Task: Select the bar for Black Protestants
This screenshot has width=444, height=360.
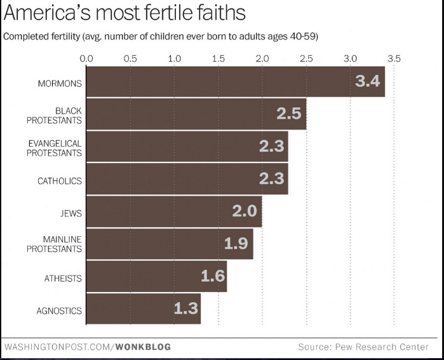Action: (x=196, y=114)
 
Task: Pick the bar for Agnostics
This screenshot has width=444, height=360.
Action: (x=143, y=309)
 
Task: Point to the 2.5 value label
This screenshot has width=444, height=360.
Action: (x=289, y=114)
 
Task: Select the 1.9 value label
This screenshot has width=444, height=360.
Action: (x=236, y=243)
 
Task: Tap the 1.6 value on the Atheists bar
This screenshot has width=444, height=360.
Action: (x=212, y=276)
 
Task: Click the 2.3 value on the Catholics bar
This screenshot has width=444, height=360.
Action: (x=271, y=179)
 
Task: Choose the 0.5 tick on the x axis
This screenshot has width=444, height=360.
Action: (x=130, y=58)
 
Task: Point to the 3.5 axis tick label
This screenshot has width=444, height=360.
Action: (x=394, y=58)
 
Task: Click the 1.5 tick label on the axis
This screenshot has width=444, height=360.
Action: (x=218, y=58)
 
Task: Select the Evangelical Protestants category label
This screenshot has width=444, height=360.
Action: (x=55, y=148)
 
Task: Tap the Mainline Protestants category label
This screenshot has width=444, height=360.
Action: (x=55, y=244)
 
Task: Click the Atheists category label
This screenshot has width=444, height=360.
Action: (x=63, y=278)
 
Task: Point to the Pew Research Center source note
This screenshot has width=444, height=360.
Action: (x=363, y=347)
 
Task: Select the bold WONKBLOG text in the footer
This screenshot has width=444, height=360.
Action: (x=144, y=347)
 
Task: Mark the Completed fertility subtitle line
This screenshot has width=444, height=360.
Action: (x=161, y=36)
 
